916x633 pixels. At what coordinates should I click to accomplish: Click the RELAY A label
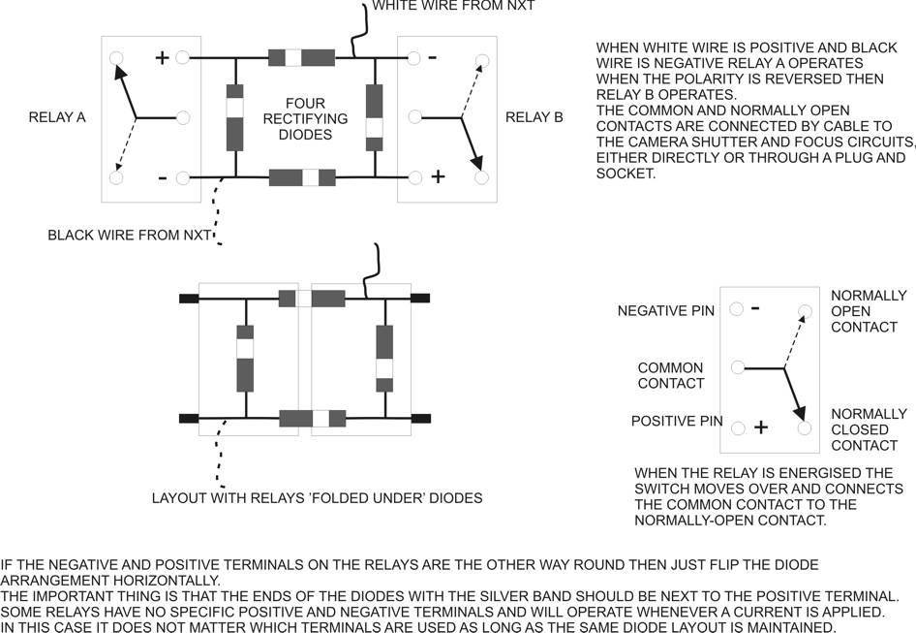(x=57, y=117)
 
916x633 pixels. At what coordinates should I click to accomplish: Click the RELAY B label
(x=534, y=117)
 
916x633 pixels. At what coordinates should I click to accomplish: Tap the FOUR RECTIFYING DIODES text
(x=305, y=118)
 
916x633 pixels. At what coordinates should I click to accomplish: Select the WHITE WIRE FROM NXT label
(x=453, y=6)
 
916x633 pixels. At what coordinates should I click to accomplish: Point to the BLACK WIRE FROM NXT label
(x=129, y=235)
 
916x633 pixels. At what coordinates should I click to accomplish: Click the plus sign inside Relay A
(x=162, y=58)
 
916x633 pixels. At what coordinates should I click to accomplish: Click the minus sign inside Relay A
(x=162, y=177)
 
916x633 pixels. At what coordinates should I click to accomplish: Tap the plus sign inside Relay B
(x=438, y=176)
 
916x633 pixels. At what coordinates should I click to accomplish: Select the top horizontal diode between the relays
(x=301, y=57)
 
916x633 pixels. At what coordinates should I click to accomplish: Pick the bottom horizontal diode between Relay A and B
(x=302, y=177)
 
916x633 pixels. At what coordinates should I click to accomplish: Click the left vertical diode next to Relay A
(x=234, y=117)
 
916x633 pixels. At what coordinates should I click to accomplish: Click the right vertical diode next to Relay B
(x=374, y=117)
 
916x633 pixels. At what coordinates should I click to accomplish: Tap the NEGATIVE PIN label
(x=666, y=311)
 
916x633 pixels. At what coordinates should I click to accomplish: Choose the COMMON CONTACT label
(x=670, y=376)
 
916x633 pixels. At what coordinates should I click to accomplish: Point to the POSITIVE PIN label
(x=677, y=422)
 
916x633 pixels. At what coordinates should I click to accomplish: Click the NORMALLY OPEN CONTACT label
(x=869, y=311)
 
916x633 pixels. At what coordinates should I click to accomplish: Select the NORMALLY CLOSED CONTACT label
(x=869, y=429)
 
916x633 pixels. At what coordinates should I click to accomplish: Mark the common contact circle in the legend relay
(x=738, y=367)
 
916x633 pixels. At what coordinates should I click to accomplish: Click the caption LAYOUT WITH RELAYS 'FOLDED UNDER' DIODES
(x=317, y=498)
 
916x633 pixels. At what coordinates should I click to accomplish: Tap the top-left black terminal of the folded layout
(x=189, y=299)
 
